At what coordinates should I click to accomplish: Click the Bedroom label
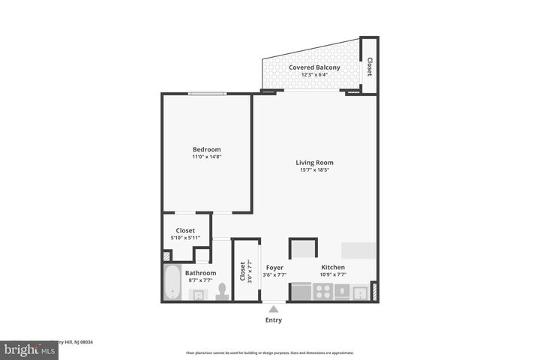point(206,149)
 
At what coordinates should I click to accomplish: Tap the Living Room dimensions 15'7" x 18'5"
point(313,170)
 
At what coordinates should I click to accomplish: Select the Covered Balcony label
point(314,67)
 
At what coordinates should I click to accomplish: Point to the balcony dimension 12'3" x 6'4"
point(314,75)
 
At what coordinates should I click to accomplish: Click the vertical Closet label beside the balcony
point(369,67)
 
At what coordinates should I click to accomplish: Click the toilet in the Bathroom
point(223,291)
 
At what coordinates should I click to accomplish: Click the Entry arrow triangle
point(274,308)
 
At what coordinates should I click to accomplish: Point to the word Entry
point(274,319)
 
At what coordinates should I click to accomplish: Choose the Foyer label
point(274,267)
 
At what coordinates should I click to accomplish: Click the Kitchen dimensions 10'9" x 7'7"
point(334,274)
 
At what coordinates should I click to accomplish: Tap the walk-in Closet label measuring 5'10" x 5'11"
point(185,230)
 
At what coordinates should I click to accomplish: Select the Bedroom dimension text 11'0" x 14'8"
point(206,157)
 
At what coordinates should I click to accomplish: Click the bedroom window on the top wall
point(207,94)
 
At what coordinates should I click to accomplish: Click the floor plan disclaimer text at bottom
point(270,352)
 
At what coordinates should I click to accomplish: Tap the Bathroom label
point(200,273)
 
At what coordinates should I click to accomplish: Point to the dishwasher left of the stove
point(301,291)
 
